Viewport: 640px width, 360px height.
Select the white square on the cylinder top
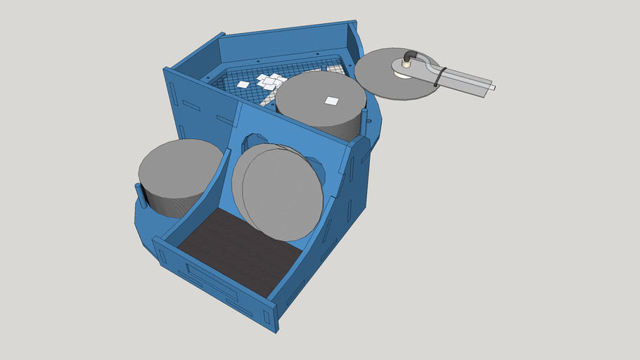click(x=331, y=101)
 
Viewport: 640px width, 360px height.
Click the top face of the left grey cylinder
click(x=179, y=169)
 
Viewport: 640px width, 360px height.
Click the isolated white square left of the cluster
click(x=243, y=84)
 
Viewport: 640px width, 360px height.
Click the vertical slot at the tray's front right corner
click(x=268, y=316)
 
